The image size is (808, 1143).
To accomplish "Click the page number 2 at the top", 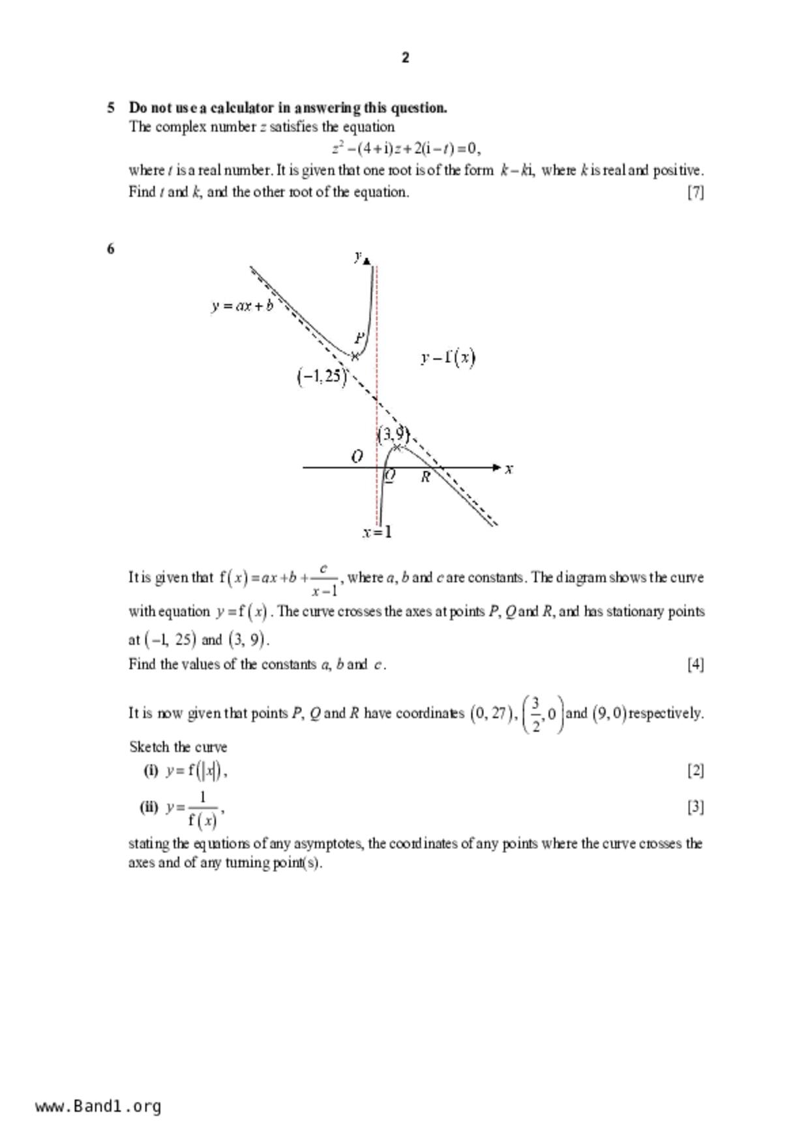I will tap(405, 58).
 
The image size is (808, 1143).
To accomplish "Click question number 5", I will tap(111, 108).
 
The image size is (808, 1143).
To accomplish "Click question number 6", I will tap(111, 248).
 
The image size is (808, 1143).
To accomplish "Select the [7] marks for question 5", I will tap(695, 192).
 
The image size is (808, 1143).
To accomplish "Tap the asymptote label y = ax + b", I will tap(242, 305).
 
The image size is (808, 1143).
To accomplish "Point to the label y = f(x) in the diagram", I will tap(448, 358).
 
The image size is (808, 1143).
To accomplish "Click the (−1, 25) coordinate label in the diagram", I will tap(322, 377).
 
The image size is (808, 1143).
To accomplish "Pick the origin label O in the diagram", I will tap(357, 457).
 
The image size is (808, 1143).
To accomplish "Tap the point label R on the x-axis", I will tap(425, 477).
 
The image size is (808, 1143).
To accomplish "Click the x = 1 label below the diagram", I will tap(378, 532).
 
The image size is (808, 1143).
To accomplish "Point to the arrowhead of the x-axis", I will tap(497, 467).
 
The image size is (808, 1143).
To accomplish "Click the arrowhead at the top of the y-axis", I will tap(367, 261).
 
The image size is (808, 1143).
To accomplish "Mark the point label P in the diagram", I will tap(359, 338).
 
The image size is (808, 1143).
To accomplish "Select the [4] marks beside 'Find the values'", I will tap(695, 664).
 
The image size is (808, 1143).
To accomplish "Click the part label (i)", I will tap(151, 771).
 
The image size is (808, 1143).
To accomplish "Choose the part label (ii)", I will tap(149, 807).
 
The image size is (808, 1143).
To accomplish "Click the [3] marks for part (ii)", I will tap(695, 807).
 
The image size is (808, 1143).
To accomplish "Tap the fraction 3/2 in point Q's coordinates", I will tap(535, 714).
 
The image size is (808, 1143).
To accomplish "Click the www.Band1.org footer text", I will tap(98, 1106).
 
